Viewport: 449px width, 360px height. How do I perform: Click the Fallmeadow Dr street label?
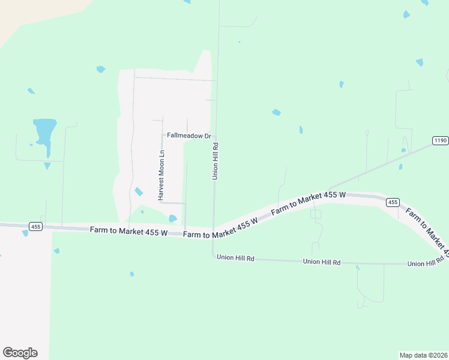coord(189,136)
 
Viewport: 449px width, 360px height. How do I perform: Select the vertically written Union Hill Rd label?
coord(215,161)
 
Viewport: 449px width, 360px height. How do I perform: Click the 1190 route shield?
coord(440,140)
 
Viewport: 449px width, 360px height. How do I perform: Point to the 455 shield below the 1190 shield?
coord(393,202)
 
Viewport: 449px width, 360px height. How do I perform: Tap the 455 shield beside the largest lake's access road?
coord(35,226)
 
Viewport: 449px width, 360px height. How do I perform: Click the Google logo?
coord(20,353)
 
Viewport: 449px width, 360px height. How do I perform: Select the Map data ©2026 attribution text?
coord(423,355)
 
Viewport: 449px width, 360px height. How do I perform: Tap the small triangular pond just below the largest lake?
coord(47,166)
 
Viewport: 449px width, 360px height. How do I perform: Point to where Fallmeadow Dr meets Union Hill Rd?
coord(215,136)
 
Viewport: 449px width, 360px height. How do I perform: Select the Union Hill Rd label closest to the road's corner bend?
coord(236,258)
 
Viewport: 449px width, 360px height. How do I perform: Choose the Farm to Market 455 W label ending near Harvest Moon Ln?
coord(128,231)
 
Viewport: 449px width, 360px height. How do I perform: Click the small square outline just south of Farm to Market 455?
coord(316,214)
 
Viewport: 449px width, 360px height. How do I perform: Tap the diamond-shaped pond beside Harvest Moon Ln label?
coord(139,191)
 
